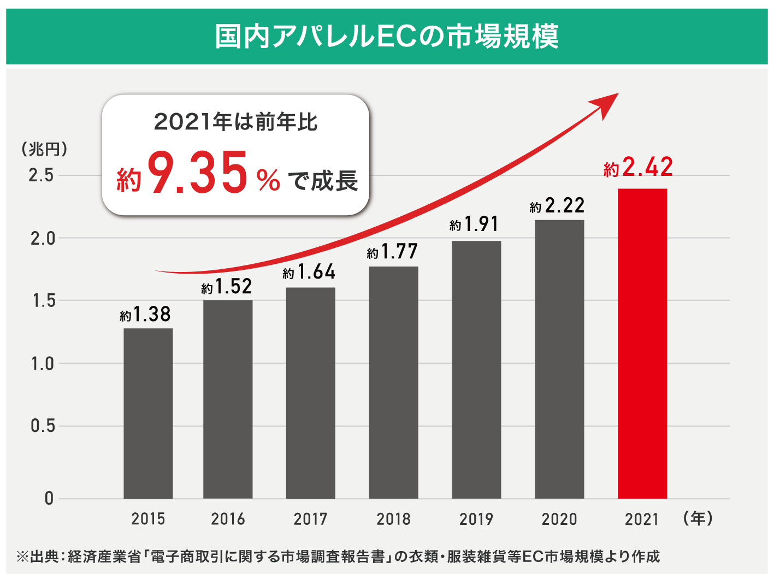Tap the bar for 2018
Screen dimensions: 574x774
[x=393, y=382]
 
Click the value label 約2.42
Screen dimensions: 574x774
[x=638, y=167]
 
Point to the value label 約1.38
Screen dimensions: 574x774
[x=145, y=315]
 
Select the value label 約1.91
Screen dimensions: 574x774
[x=474, y=224]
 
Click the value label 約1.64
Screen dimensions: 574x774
[x=309, y=272]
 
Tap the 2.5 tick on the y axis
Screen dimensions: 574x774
[x=42, y=175]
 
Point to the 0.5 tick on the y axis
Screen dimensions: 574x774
[x=43, y=426]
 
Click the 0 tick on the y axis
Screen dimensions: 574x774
[x=49, y=498]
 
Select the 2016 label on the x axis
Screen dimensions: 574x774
[x=228, y=519]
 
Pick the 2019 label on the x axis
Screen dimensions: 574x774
[x=476, y=519]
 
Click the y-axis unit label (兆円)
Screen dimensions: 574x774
[x=44, y=149]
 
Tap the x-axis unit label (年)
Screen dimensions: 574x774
[x=698, y=518]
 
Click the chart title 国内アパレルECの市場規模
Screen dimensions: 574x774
[x=387, y=37]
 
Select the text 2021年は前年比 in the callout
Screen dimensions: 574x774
[x=235, y=122]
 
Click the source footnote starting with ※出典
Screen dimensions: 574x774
[x=339, y=557]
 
